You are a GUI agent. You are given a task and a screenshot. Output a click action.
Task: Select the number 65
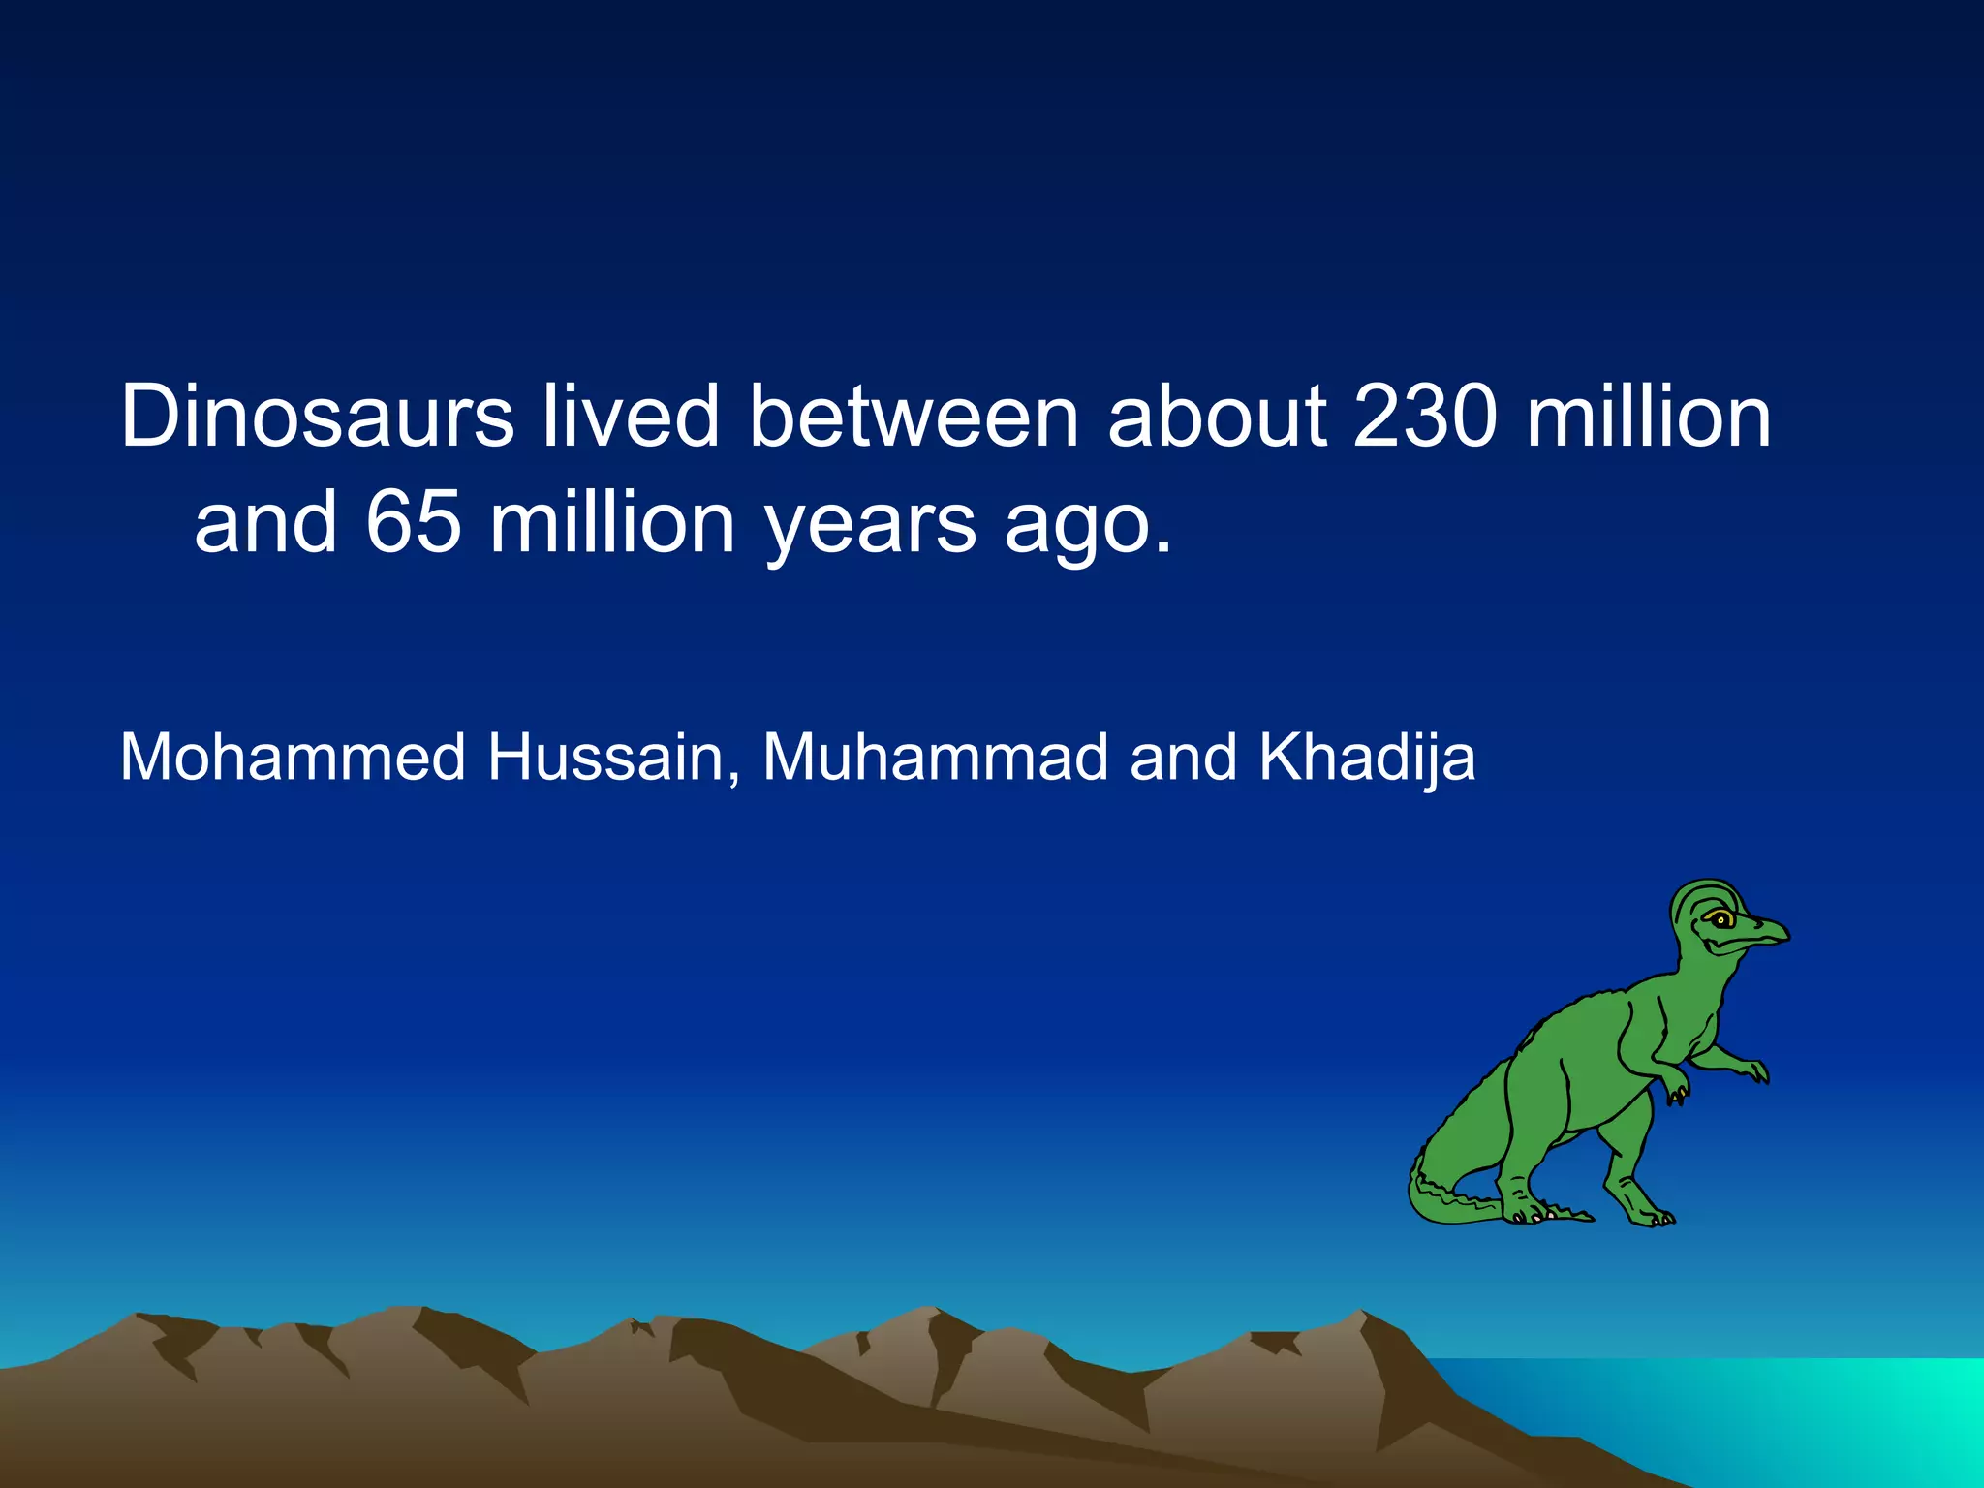[414, 522]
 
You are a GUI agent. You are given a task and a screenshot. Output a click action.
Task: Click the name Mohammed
[293, 757]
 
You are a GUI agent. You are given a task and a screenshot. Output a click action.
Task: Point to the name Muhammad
[935, 757]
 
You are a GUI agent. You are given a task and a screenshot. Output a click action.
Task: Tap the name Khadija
[1367, 759]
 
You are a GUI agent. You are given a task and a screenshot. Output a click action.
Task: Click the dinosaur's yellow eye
[1720, 919]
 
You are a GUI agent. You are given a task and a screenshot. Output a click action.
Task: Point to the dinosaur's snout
[1773, 934]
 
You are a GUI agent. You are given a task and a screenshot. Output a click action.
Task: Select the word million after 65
[612, 522]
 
